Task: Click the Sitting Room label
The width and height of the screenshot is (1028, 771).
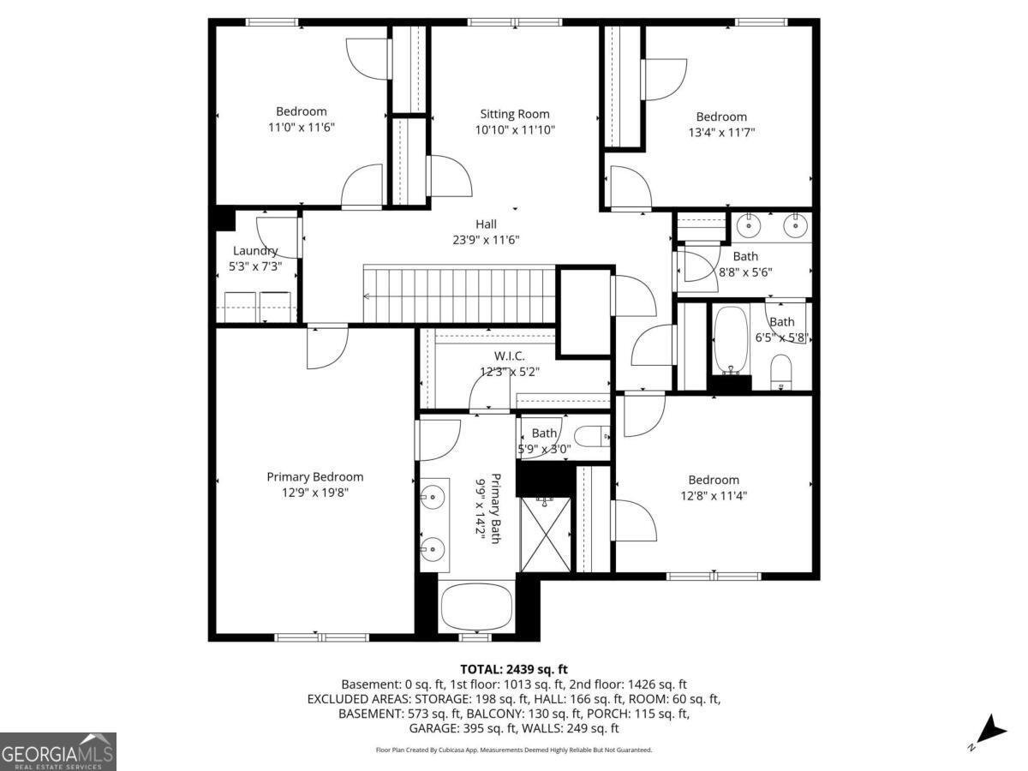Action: [x=514, y=114]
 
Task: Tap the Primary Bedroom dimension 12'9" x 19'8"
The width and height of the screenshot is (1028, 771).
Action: [x=314, y=493]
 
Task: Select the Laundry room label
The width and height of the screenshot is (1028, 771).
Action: [x=255, y=251]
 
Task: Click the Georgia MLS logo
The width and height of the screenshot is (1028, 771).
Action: [x=57, y=751]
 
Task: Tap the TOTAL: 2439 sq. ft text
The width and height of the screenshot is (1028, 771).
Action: [x=514, y=669]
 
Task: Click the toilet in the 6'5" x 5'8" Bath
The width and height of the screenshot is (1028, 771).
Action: [x=780, y=374]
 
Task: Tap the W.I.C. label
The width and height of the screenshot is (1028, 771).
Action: [x=509, y=356]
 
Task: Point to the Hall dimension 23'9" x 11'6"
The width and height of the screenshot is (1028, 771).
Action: [x=486, y=240]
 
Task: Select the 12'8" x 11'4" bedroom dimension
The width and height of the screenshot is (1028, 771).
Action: [x=714, y=495]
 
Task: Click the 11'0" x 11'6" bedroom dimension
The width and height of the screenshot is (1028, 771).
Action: [x=301, y=128]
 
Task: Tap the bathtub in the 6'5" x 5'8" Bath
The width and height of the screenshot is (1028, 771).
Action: [x=731, y=340]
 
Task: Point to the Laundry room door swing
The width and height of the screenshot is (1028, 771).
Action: [x=278, y=237]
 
